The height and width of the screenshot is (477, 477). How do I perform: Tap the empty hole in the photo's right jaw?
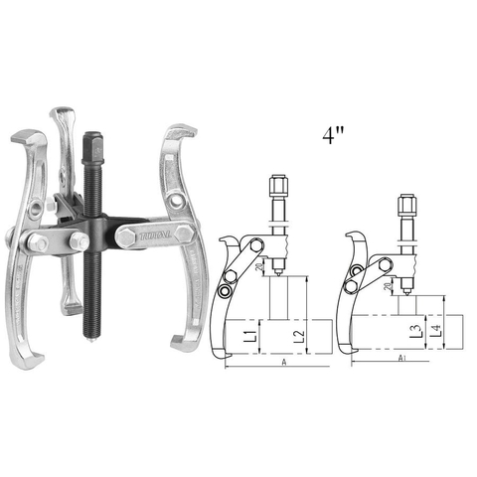175,202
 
